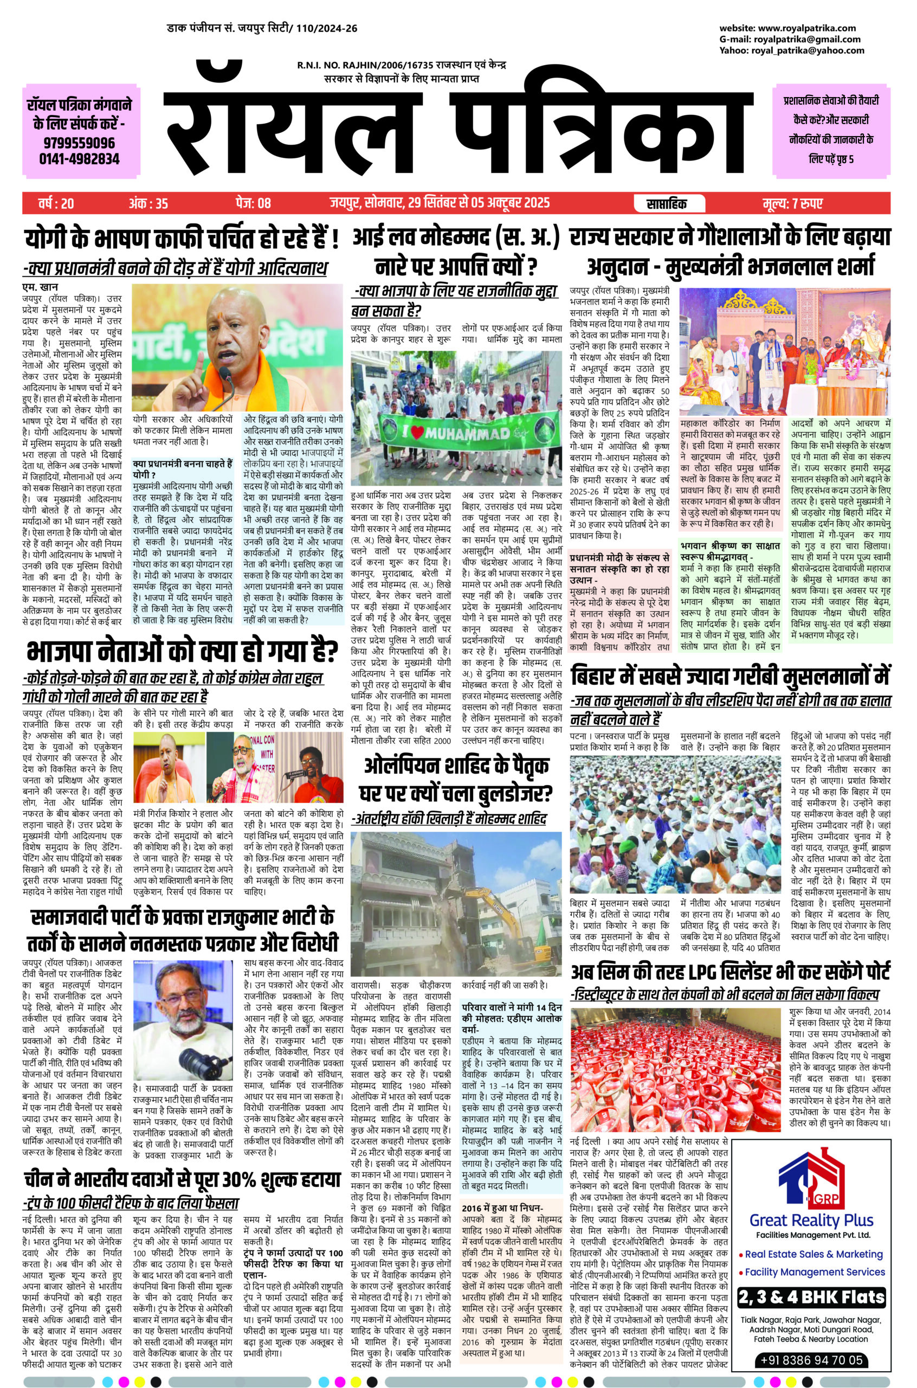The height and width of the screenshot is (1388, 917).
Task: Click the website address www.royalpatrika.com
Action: click(807, 28)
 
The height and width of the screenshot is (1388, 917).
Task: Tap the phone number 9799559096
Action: click(80, 143)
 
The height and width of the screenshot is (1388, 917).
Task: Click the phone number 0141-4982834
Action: click(80, 158)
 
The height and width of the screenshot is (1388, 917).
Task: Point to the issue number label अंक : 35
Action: click(148, 203)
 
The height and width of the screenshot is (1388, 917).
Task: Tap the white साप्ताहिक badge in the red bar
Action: click(667, 203)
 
